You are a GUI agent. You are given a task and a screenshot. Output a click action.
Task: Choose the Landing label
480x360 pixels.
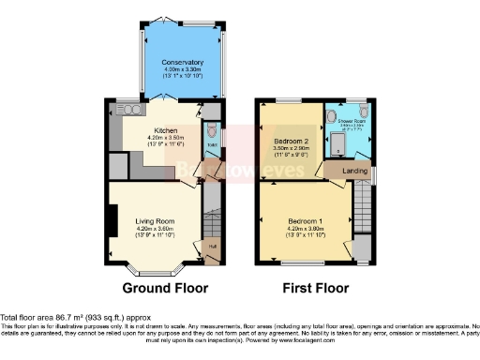[355, 171]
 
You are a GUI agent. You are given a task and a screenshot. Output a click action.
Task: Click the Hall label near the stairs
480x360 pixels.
[212, 247]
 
